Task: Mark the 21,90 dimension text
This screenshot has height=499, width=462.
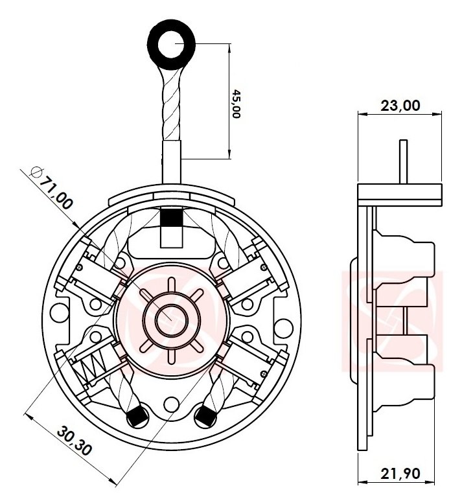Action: click(x=400, y=474)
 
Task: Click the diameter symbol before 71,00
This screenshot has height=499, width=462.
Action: click(x=36, y=172)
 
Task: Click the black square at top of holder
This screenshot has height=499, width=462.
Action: click(x=172, y=218)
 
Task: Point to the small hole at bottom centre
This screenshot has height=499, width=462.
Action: click(x=172, y=404)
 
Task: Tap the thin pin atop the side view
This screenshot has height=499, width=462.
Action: click(x=403, y=161)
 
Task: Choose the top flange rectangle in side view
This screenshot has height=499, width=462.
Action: click(x=400, y=192)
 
